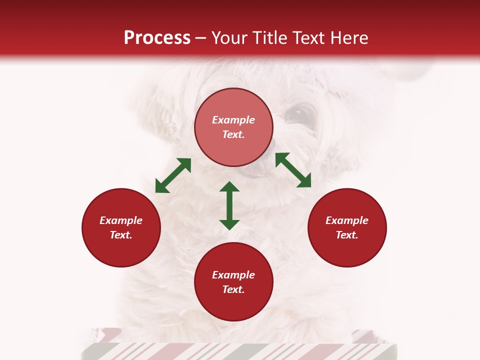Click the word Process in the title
(157, 37)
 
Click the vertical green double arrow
(229, 205)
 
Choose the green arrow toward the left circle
(173, 175)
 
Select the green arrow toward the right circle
(293, 170)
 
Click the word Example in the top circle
(233, 120)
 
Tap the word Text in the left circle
(121, 235)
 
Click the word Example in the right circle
(347, 220)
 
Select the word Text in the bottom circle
(233, 289)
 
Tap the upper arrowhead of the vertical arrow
(229, 187)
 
